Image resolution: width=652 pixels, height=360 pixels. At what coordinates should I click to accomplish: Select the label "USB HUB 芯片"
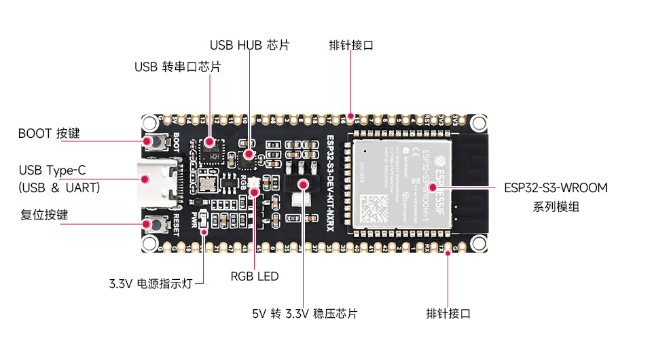tap(249, 46)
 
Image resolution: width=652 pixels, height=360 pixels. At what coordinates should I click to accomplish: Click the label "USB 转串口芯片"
tap(177, 67)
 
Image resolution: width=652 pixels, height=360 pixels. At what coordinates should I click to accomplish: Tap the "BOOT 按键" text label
tap(49, 133)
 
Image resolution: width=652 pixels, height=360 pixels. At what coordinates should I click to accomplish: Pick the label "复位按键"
tap(45, 215)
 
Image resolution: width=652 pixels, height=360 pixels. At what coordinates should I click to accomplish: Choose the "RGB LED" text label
tap(255, 276)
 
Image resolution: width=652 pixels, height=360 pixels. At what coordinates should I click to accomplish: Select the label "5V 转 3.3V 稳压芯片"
tap(304, 313)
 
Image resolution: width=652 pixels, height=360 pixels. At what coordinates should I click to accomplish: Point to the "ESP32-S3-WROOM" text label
tap(556, 187)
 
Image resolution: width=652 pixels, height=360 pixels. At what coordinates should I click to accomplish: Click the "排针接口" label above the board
tap(350, 46)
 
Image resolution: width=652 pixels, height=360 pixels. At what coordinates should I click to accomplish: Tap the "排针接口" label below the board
tap(448, 313)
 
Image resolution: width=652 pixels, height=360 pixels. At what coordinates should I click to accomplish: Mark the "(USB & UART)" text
tap(59, 187)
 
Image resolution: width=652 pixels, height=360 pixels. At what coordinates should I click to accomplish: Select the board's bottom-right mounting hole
tap(479, 242)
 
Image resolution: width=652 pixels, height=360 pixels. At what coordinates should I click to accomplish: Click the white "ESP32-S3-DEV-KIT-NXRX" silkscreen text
tap(330, 182)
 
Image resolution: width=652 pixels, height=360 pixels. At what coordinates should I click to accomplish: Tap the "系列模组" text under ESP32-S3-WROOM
tap(556, 206)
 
